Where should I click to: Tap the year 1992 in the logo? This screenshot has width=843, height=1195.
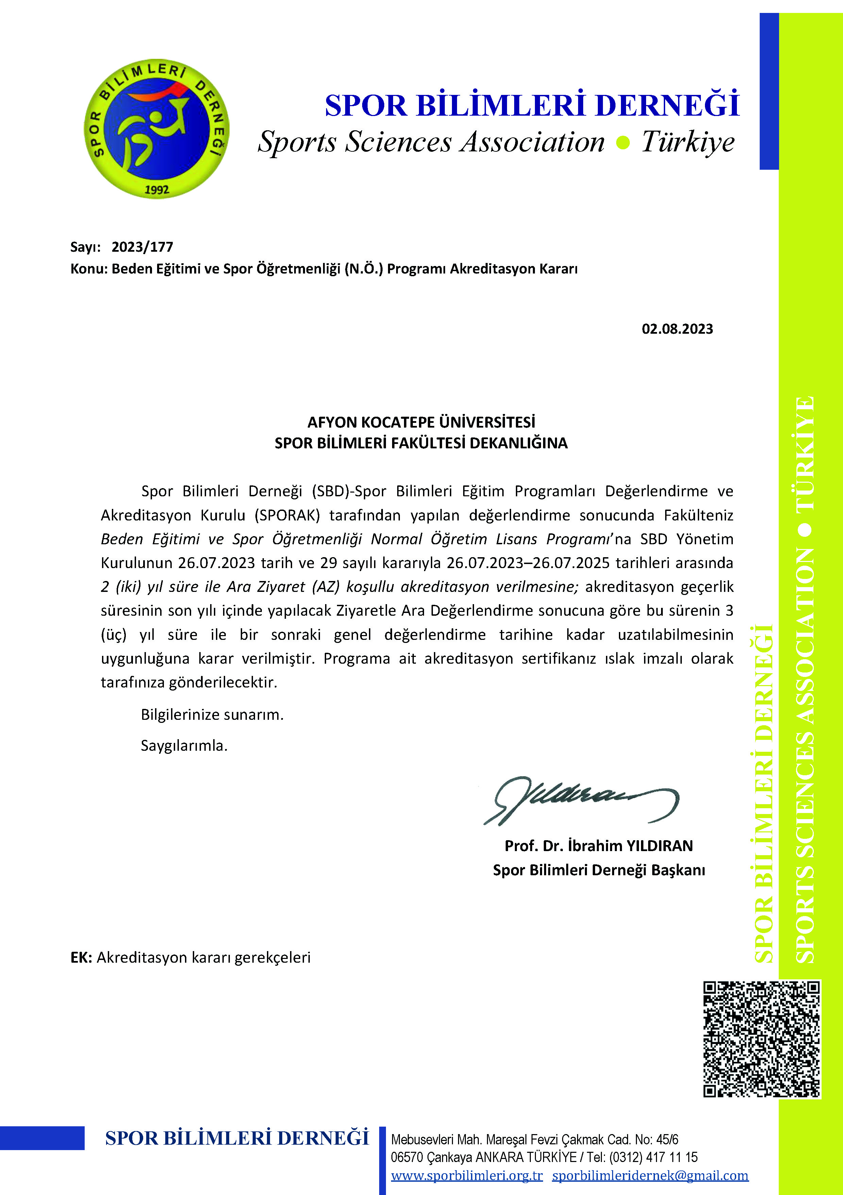click(x=157, y=189)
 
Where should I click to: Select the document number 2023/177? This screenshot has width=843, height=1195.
click(x=142, y=247)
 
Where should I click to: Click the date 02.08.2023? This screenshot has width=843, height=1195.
click(x=677, y=329)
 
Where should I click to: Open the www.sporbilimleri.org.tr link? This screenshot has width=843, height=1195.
click(x=467, y=1175)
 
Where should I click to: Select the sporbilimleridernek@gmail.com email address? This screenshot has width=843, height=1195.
click(x=650, y=1175)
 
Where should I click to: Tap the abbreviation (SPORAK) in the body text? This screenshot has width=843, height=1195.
click(x=287, y=515)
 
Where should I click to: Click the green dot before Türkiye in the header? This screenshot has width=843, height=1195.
click(x=623, y=142)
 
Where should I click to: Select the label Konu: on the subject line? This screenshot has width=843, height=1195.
click(x=89, y=269)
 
